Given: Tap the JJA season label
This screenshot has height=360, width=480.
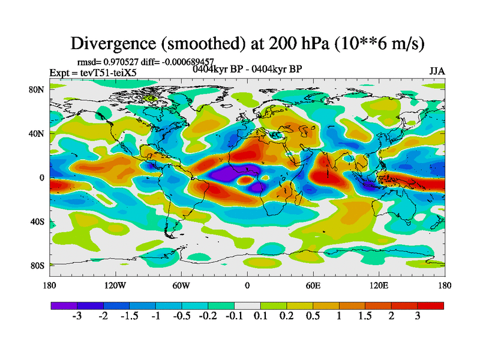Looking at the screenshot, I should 437,71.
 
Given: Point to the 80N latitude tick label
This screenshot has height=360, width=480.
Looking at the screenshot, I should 37,90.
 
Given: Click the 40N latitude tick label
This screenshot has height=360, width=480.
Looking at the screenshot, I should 37,134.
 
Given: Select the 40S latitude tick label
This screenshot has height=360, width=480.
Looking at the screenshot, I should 37,221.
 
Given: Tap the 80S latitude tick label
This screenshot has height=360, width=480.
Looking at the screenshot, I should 37,265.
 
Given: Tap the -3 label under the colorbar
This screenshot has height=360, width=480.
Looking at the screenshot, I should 77,316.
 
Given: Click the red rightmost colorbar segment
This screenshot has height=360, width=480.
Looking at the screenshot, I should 430,305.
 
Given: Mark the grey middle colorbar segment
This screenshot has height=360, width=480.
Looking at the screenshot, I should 247,305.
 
